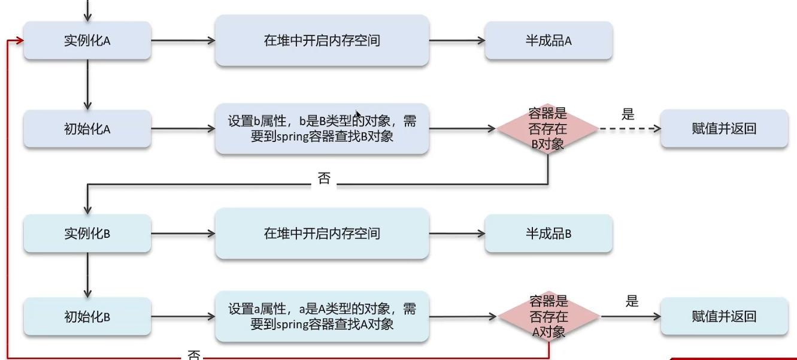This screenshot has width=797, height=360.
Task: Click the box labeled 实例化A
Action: pos(87,41)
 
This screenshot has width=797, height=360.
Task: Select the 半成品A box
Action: pos(548,41)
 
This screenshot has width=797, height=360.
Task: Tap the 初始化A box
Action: pos(87,129)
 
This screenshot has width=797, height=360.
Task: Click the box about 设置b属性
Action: pos(322,129)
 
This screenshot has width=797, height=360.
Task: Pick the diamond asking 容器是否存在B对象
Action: pos(548,129)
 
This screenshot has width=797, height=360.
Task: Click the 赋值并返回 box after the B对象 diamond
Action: pos(724,129)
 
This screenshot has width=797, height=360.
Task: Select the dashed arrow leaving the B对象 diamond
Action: pos(629,129)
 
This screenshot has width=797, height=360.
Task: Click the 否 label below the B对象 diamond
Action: pos(324,179)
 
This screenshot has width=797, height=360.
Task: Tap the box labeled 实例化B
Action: pos(87,233)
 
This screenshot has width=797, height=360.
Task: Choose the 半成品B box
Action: pos(548,233)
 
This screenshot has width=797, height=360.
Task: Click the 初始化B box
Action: pos(87,316)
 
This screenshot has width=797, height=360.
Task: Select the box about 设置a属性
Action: pos(322,316)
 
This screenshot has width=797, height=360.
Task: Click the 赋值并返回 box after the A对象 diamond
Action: pos(724,316)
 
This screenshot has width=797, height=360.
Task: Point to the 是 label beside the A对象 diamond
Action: pos(632,301)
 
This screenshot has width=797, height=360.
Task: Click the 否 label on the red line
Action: pos(194,355)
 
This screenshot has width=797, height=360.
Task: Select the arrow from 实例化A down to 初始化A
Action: pos(87,84)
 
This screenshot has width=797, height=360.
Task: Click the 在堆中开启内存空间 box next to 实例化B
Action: pos(322,233)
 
